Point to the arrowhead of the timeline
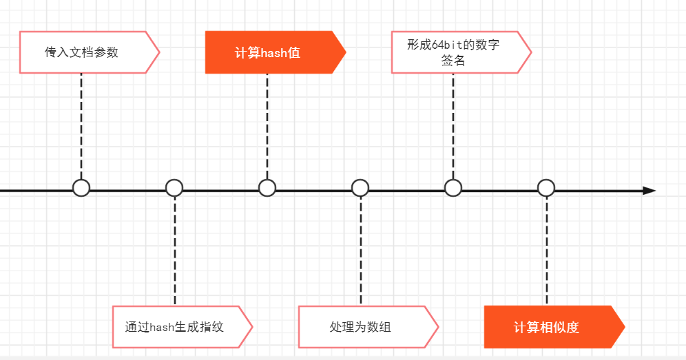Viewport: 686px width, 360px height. pyautogui.click(x=649, y=191)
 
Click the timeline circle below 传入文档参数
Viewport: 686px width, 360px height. pyautogui.click(x=81, y=188)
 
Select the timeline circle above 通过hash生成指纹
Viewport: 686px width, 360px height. pyautogui.click(x=174, y=188)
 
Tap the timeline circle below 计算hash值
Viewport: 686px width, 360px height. pyautogui.click(x=267, y=188)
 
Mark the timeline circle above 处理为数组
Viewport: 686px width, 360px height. pyautogui.click(x=360, y=188)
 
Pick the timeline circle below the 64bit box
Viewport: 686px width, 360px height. pyautogui.click(x=453, y=188)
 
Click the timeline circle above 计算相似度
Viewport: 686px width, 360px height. pyautogui.click(x=546, y=188)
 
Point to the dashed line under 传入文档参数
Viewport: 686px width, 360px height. pyautogui.click(x=81, y=124)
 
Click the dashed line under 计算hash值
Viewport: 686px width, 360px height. pyautogui.click(x=267, y=124)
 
